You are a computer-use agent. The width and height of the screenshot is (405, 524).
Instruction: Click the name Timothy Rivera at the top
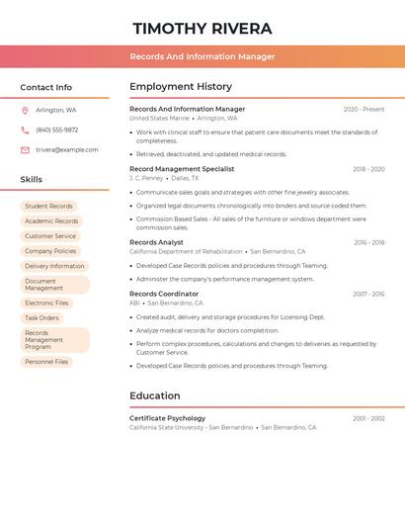(202, 29)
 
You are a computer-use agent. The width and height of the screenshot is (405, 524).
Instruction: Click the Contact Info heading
(46, 87)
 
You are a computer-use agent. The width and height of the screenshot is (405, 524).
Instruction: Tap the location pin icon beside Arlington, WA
(25, 111)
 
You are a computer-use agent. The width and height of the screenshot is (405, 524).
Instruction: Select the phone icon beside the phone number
(25, 131)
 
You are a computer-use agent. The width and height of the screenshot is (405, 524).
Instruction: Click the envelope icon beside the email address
(25, 150)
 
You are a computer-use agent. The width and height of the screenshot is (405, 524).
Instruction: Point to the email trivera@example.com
(67, 150)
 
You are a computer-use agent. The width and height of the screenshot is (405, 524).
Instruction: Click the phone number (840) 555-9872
(57, 131)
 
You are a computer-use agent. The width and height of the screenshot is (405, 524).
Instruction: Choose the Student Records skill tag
(48, 206)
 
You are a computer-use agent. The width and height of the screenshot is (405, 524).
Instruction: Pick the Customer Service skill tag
(50, 236)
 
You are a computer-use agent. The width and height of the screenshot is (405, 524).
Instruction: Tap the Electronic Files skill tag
(46, 303)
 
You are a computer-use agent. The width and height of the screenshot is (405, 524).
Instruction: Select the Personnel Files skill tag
(46, 362)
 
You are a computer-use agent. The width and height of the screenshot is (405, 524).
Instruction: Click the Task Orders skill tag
(41, 317)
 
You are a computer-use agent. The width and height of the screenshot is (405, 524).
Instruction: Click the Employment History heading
(181, 87)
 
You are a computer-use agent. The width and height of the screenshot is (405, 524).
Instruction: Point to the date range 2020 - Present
(364, 110)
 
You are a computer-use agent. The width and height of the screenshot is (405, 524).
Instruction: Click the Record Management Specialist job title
(182, 169)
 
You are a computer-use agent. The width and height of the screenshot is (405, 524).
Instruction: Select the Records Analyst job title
(156, 242)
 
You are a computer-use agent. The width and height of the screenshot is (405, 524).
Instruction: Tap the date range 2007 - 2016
(368, 294)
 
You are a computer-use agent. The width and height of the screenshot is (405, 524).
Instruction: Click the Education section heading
(155, 395)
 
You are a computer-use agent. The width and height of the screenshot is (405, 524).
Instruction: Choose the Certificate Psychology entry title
(168, 418)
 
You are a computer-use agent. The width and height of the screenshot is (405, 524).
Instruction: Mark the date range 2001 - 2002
(368, 418)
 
